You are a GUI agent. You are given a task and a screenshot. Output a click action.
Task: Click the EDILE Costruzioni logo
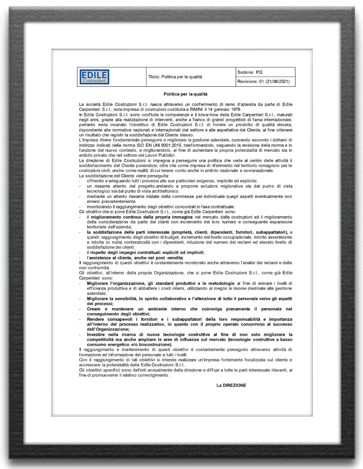click(x=94, y=77)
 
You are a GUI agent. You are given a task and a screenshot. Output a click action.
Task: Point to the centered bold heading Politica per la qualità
click(x=185, y=94)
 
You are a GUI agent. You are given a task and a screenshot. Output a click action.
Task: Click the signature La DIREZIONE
click(x=231, y=385)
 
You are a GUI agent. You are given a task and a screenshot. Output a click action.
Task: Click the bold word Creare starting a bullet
click(x=94, y=309)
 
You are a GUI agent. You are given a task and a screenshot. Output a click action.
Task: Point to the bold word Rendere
click(x=96, y=319)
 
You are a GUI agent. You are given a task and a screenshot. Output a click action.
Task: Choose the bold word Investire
click(x=96, y=335)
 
